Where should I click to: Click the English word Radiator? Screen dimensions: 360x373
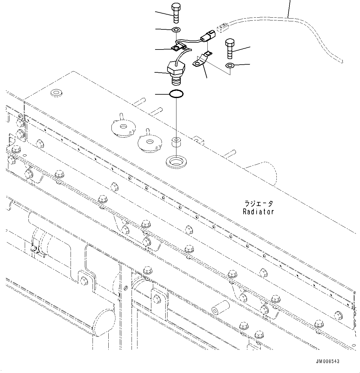tap(258, 212)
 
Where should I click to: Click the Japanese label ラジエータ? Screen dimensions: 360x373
tap(259, 204)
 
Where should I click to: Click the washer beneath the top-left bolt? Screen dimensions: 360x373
tap(176, 30)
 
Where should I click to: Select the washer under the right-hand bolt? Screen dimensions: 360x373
tap(230, 65)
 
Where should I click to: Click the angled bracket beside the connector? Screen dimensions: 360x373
tap(202, 60)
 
